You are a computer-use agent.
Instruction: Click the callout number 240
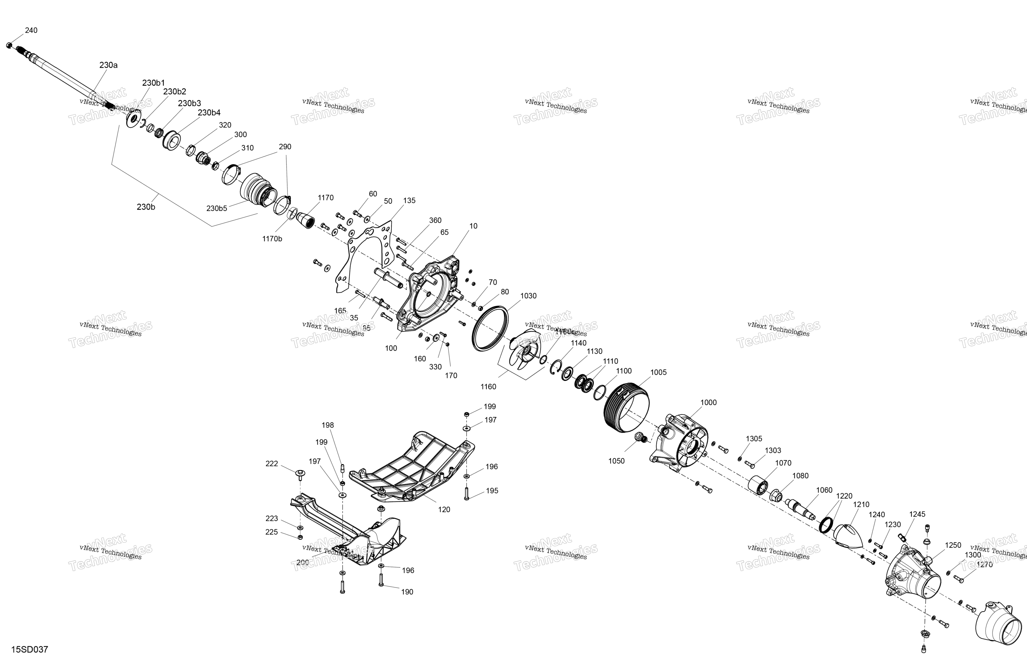pos(31,30)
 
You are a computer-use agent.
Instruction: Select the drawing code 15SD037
pos(29,650)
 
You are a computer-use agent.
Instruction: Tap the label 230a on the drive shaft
pos(108,65)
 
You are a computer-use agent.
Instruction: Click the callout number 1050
pos(616,461)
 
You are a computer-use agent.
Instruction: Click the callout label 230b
pos(146,207)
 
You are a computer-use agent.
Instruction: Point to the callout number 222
pos(271,464)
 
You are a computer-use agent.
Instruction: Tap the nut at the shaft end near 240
pos(9,45)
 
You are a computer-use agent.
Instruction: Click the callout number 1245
pos(917,514)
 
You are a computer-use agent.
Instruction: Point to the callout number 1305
pos(754,438)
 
